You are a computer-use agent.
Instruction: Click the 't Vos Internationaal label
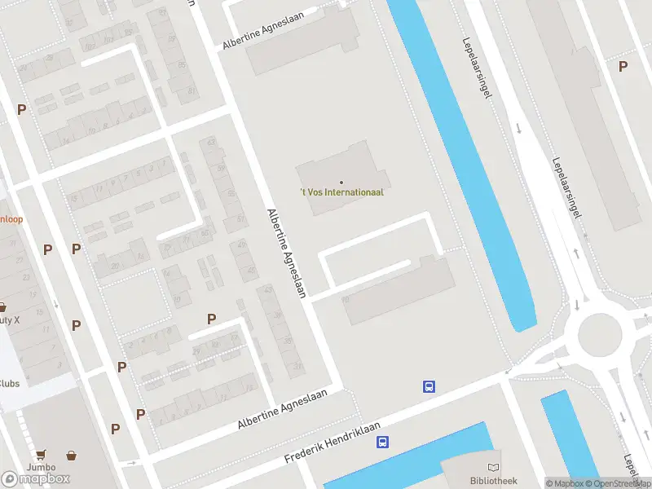[341, 192]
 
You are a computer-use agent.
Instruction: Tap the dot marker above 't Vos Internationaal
[341, 182]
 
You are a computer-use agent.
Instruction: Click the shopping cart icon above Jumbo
[40, 456]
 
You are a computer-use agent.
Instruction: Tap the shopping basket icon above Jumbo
[72, 456]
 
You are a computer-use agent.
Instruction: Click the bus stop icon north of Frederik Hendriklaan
[429, 386]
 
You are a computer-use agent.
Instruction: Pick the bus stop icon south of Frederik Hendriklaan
[381, 443]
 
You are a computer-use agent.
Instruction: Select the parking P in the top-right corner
[623, 67]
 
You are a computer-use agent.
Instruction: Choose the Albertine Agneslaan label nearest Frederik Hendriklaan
[282, 409]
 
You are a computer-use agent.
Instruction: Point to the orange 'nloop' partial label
[11, 219]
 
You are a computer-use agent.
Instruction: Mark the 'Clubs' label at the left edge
[10, 383]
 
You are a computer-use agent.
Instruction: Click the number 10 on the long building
[346, 299]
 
